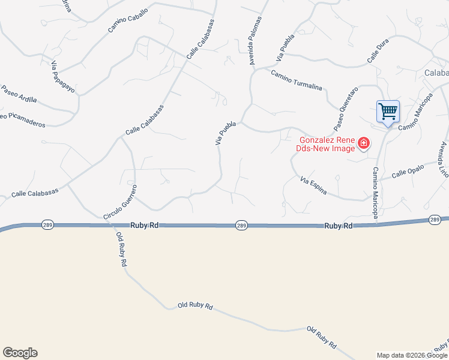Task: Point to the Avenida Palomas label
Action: click(x=256, y=40)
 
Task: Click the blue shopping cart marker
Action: click(x=388, y=111)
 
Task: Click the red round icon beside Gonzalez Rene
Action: click(x=363, y=143)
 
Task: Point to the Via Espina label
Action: click(x=313, y=185)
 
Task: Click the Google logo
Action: click(x=20, y=353)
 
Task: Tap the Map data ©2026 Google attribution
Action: click(x=412, y=355)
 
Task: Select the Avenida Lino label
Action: click(x=444, y=158)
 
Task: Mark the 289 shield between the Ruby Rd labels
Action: click(x=241, y=225)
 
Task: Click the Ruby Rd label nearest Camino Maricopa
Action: click(x=339, y=226)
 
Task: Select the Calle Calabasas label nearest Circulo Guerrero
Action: click(x=35, y=192)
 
